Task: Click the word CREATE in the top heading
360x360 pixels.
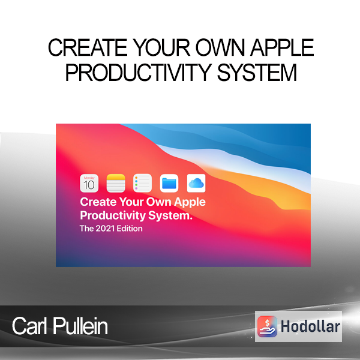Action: tap(88, 47)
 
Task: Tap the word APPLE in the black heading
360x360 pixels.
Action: tap(282, 47)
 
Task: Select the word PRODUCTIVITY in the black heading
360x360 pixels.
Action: tap(138, 73)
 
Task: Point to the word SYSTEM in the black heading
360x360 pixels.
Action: tap(257, 73)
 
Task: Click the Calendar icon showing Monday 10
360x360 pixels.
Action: tap(89, 183)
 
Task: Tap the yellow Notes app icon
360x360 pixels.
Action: tap(116, 183)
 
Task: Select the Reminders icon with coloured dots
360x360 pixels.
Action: tap(142, 183)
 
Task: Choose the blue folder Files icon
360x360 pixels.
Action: tap(169, 183)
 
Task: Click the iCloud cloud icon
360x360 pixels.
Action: tap(196, 183)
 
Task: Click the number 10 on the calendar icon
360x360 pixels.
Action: tap(89, 185)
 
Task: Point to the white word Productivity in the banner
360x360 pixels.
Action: tap(113, 216)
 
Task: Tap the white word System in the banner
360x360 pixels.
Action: tap(170, 216)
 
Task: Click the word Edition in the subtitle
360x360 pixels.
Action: tap(130, 229)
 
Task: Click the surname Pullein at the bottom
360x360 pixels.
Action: tap(80, 326)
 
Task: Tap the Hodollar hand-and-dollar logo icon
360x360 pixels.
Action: tap(267, 326)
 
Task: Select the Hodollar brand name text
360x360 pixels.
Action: tap(310, 326)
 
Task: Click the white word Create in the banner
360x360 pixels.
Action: tap(98, 202)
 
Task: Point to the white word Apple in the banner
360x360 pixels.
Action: tap(190, 203)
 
